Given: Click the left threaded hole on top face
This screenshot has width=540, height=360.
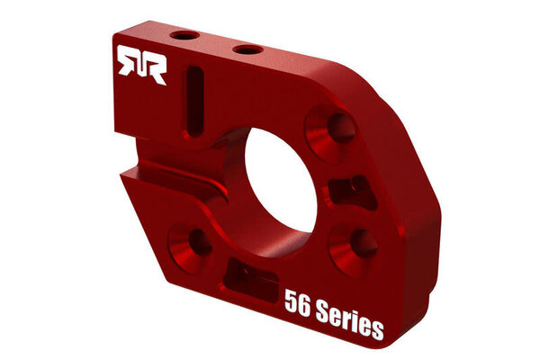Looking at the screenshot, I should click(x=188, y=36).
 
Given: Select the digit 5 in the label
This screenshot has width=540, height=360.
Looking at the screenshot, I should click(x=291, y=300).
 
